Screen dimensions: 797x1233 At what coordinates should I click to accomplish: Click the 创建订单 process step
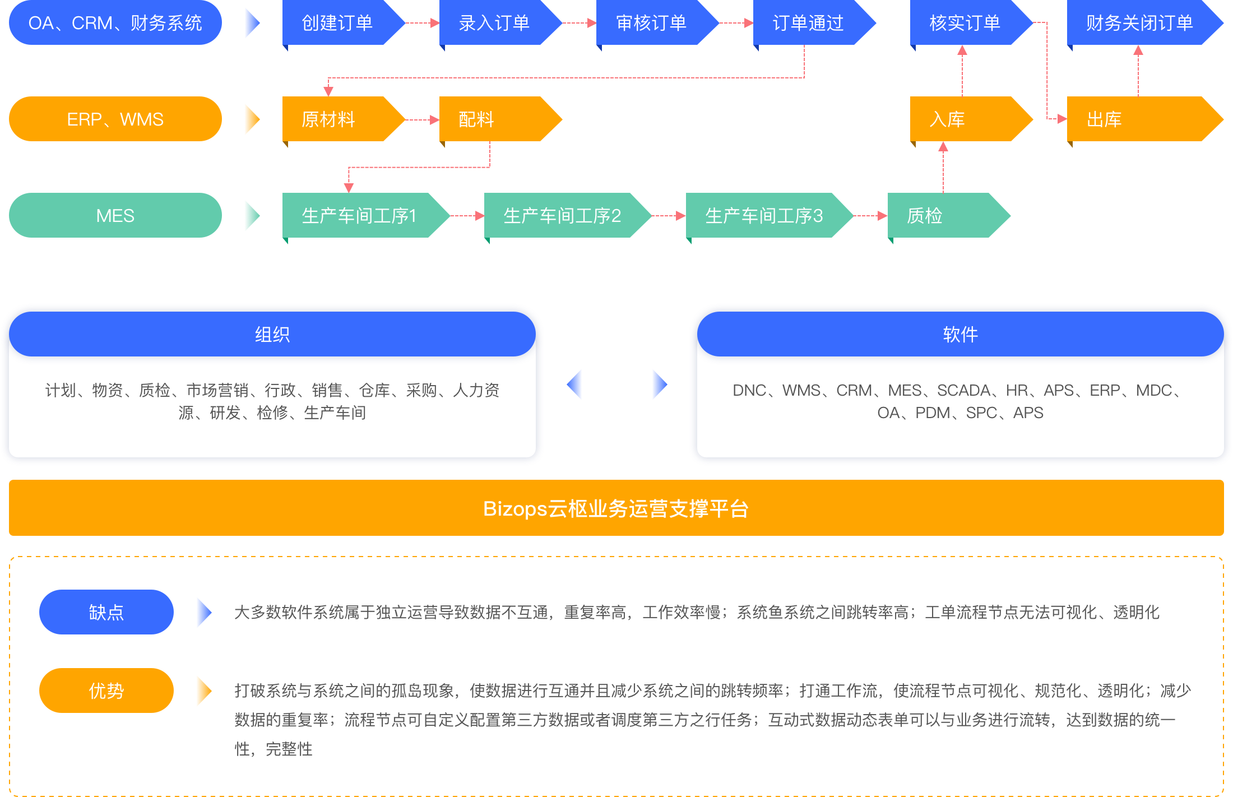point(337,23)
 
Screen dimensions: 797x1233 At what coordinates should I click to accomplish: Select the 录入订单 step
point(494,23)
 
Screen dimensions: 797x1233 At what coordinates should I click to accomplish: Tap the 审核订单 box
point(651,23)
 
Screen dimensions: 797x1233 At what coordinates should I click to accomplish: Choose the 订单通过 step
point(808,23)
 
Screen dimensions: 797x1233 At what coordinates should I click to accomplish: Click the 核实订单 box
point(965,23)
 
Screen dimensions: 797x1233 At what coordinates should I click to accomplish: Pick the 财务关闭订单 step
point(1139,23)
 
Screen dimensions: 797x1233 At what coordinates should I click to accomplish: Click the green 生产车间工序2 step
point(562,216)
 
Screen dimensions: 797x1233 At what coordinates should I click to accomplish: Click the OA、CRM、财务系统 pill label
point(115,23)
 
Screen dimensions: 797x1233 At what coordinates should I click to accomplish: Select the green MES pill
point(115,216)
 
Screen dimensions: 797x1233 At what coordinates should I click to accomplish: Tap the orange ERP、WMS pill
point(115,119)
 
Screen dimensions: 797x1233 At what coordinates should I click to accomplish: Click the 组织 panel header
point(272,335)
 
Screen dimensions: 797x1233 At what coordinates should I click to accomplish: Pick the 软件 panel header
point(960,335)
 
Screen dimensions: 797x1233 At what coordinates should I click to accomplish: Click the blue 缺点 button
point(106,612)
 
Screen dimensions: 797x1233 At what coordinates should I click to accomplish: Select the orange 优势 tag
point(106,691)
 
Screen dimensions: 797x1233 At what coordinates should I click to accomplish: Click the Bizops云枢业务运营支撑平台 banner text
point(616,508)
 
